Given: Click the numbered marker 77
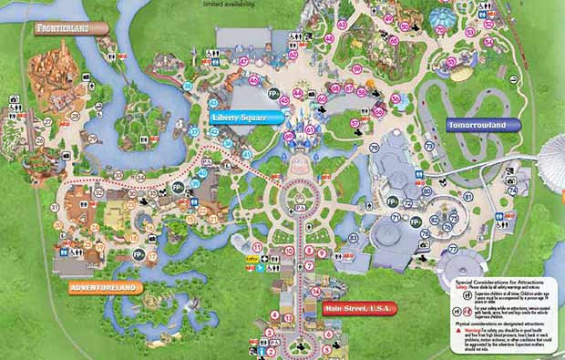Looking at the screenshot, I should tap(452, 248).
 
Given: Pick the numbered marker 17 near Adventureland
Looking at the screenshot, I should tap(151, 257).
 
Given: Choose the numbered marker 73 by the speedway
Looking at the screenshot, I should tap(429, 146).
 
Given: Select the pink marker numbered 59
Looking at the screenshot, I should tap(357, 69).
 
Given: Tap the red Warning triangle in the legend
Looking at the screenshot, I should tap(458, 331).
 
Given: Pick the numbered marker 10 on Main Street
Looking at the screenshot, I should tap(289, 250).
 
